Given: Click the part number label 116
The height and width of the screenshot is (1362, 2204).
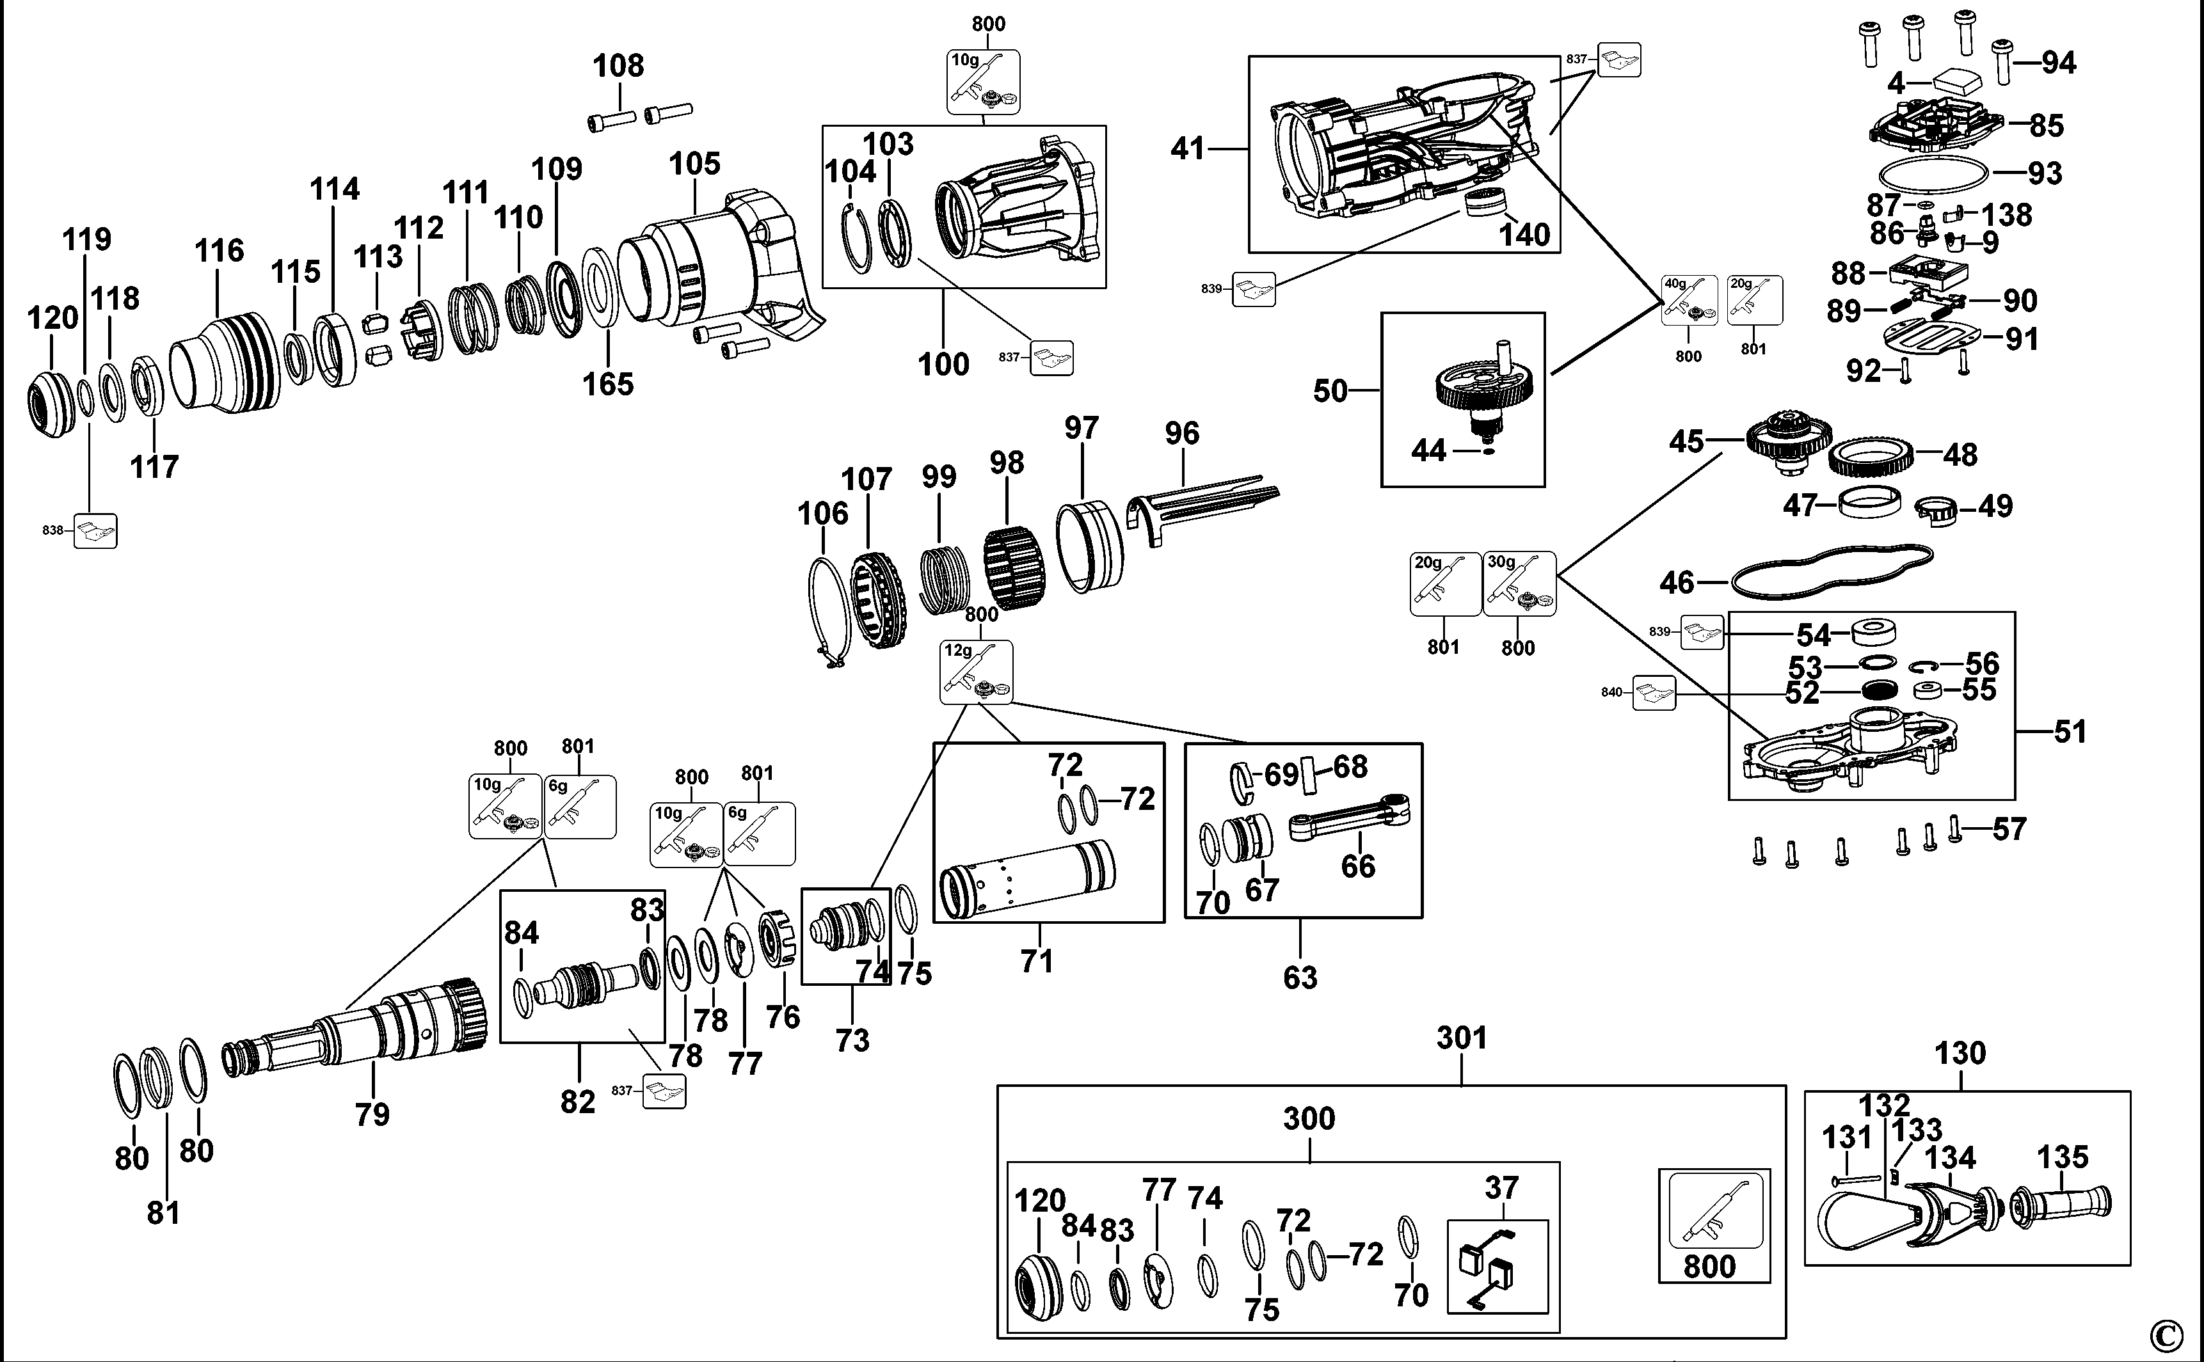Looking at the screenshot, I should pos(219,250).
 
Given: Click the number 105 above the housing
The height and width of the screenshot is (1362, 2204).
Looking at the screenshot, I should pos(695,164).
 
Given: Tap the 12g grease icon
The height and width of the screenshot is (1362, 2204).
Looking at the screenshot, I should pos(976,672).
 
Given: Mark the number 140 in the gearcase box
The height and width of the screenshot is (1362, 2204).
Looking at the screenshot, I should pos(1524,236).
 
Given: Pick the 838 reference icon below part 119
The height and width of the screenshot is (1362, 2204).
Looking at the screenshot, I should pos(95,532).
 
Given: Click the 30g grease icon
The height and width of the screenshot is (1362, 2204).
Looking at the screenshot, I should pos(1519,583).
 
